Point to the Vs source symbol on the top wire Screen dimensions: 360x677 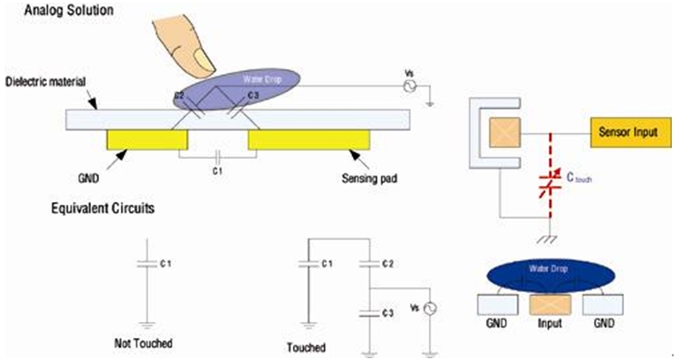[x=409, y=86]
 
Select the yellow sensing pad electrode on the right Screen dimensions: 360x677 [x=308, y=139]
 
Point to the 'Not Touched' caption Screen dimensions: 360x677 [x=144, y=341]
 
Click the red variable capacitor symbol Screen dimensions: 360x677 [x=548, y=183]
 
